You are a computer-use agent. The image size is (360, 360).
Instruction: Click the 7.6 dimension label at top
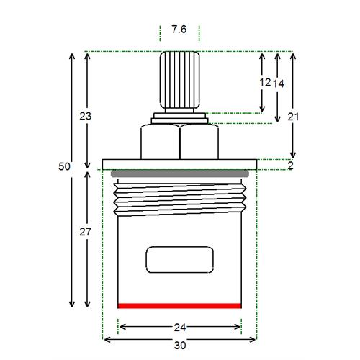[x=179, y=30]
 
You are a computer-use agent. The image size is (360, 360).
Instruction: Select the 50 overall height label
[x=64, y=166]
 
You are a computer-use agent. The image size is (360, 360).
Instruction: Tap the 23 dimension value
[x=86, y=116]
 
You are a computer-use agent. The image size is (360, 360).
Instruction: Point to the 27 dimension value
[x=86, y=232]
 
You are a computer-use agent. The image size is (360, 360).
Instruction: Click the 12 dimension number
[x=265, y=83]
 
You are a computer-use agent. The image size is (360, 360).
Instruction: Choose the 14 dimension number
[x=279, y=84]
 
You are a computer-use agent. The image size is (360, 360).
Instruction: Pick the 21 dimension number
[x=293, y=117]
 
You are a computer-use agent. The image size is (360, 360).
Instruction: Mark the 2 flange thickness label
[x=291, y=166]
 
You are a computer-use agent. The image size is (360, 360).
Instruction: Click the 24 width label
[x=180, y=328]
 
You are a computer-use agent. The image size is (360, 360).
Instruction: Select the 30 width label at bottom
[x=180, y=346]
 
